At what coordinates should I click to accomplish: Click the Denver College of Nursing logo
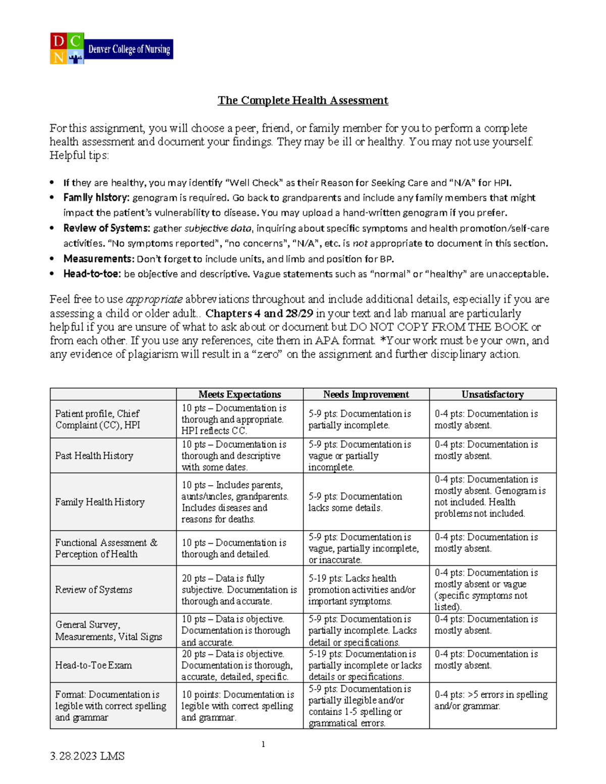click(x=111, y=48)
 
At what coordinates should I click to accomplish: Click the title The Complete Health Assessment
click(x=302, y=100)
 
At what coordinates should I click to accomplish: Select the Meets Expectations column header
click(x=239, y=394)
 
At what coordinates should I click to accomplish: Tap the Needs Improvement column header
click(x=366, y=394)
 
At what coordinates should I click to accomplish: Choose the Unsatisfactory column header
click(x=492, y=394)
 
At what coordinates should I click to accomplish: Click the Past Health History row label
click(x=94, y=455)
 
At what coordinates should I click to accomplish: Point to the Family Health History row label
click(x=99, y=502)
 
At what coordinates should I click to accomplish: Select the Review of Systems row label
click(x=93, y=590)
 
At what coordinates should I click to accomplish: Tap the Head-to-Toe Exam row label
click(x=93, y=665)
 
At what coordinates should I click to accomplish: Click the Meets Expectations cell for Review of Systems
click(x=239, y=590)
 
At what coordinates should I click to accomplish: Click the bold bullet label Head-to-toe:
click(x=92, y=274)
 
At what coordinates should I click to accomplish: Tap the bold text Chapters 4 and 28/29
click(x=259, y=313)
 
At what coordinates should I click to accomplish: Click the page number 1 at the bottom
click(x=263, y=744)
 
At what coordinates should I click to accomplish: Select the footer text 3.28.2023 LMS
click(x=87, y=756)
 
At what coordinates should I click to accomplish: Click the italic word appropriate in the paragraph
click(x=154, y=300)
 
